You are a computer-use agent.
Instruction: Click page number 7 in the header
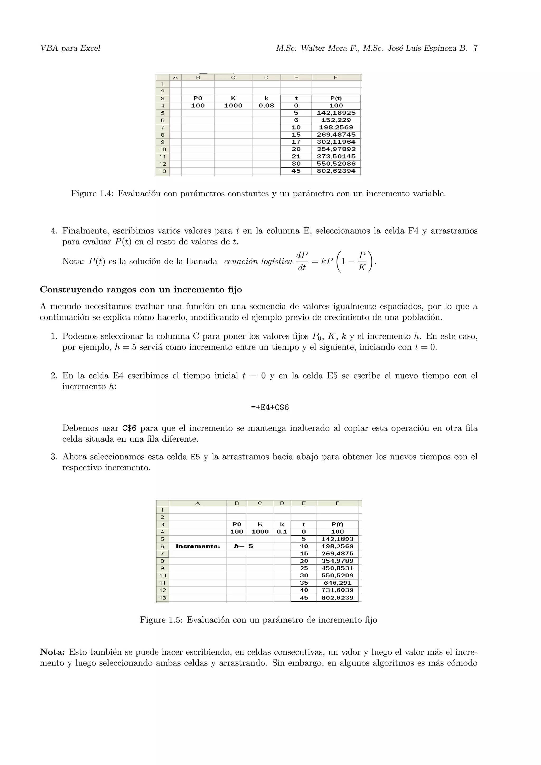475,48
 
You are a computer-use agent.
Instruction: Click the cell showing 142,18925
336,113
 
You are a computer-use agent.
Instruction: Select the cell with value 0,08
266,106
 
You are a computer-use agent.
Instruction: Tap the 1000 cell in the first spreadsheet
233,106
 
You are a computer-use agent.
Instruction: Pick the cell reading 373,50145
336,157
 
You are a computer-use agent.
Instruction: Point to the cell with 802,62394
336,171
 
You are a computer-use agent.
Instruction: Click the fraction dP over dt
302,261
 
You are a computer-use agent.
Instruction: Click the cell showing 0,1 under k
282,532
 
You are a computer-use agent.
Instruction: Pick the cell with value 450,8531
337,568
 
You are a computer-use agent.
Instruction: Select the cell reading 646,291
337,583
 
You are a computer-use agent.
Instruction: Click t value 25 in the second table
304,568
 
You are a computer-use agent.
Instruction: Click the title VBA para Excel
70,48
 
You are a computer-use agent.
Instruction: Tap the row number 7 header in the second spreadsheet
162,554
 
